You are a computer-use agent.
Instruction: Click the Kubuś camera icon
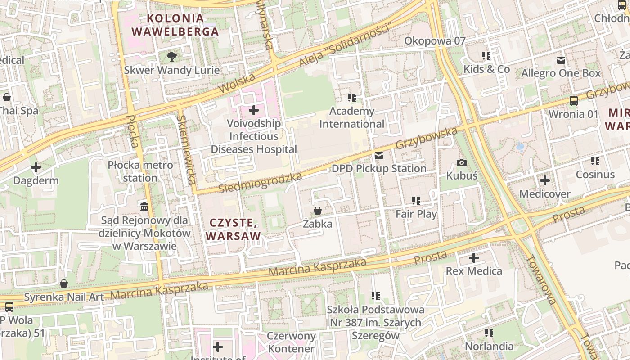pos(461,162)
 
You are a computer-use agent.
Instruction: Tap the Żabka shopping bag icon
pos(317,210)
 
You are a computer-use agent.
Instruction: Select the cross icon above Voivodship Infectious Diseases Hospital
pos(254,110)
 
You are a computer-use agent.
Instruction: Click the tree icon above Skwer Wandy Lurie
pos(171,56)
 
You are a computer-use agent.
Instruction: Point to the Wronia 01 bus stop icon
pos(574,100)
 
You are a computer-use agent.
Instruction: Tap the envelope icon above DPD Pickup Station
pos(379,156)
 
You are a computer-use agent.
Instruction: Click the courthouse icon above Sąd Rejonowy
pos(144,207)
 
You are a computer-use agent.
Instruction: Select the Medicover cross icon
pos(544,181)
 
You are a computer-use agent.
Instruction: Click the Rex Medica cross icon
pos(473,258)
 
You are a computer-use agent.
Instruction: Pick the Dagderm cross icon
pos(36,168)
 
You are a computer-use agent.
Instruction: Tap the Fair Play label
pos(416,214)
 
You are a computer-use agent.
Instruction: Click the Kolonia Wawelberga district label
pos(175,25)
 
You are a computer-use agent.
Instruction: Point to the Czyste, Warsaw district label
pos(233,229)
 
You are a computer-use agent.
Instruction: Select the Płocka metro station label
pos(140,171)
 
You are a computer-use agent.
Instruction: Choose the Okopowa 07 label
pos(435,41)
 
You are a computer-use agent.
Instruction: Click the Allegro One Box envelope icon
pos(561,60)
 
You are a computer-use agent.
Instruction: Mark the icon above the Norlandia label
pos(489,333)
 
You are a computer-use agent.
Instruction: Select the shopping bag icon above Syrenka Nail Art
pos(64,283)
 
